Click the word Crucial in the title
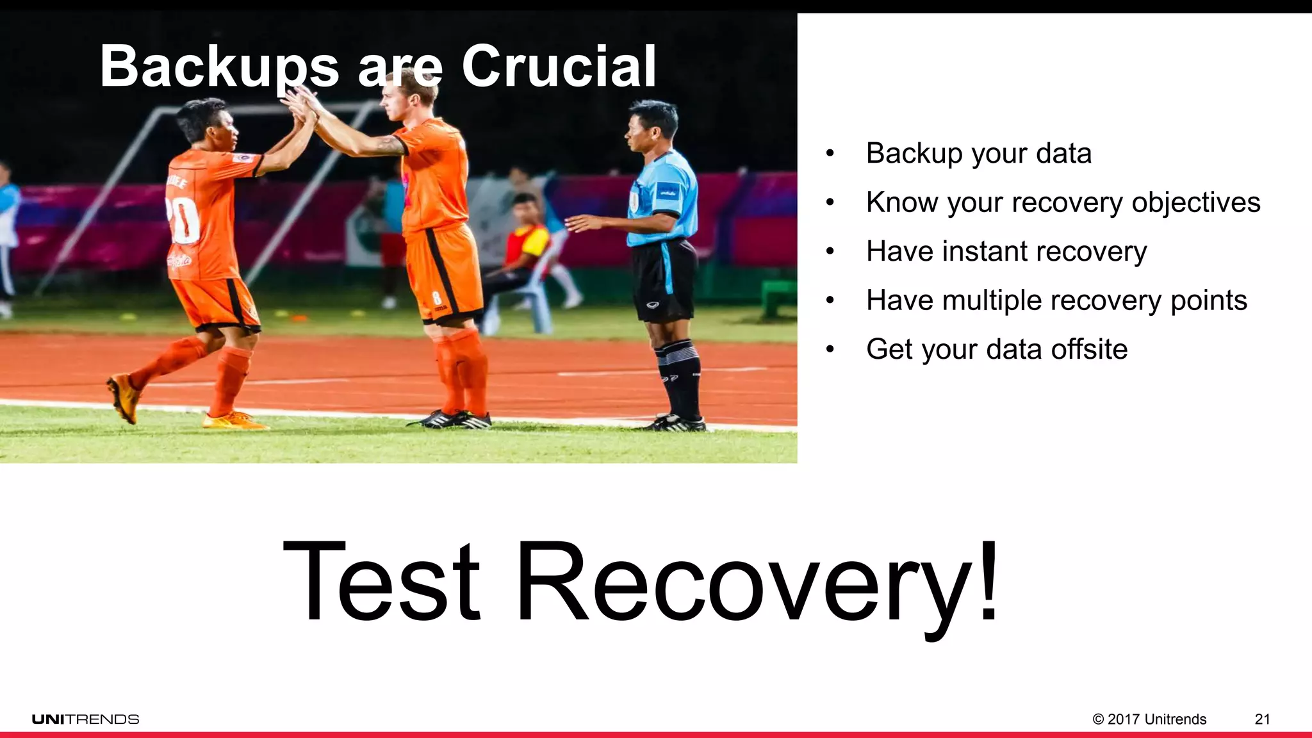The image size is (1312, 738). pyautogui.click(x=559, y=67)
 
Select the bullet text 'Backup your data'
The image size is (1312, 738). pyautogui.click(x=978, y=154)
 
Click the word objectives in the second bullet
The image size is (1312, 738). pyautogui.click(x=1196, y=203)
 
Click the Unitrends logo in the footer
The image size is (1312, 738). pyautogui.click(x=86, y=719)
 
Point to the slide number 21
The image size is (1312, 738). pyautogui.click(x=1262, y=719)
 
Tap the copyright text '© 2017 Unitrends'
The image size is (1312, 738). pyautogui.click(x=1149, y=719)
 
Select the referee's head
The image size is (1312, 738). pyautogui.click(x=652, y=126)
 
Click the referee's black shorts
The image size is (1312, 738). pyautogui.click(x=664, y=279)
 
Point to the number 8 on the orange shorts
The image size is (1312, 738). pyautogui.click(x=436, y=299)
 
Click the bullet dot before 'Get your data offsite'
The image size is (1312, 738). pyautogui.click(x=830, y=350)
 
